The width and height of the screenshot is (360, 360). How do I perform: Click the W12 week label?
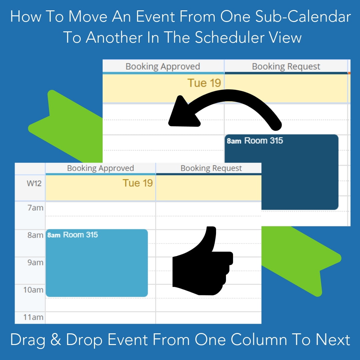click(34, 183)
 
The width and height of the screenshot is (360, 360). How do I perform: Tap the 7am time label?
click(35, 208)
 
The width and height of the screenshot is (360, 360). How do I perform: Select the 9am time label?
click(35, 262)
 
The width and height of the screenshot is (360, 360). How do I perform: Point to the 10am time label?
click(33, 290)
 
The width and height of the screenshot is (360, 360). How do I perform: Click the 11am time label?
click(33, 317)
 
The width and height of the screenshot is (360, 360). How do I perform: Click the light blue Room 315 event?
click(97, 263)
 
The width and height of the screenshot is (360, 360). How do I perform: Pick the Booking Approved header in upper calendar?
click(163, 67)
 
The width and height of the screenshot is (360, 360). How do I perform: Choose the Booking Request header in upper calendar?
click(286, 67)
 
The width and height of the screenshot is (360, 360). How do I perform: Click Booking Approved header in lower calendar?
click(100, 168)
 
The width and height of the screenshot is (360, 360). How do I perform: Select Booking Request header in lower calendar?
click(211, 168)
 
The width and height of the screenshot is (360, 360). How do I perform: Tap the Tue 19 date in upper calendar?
click(204, 83)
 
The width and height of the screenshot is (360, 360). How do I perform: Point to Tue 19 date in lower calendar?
click(138, 183)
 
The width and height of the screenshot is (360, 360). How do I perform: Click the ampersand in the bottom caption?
click(56, 339)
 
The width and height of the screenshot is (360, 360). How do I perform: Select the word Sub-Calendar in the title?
click(303, 17)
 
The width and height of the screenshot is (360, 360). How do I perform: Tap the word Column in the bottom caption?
click(259, 339)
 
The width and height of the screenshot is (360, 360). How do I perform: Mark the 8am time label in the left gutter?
click(35, 235)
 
